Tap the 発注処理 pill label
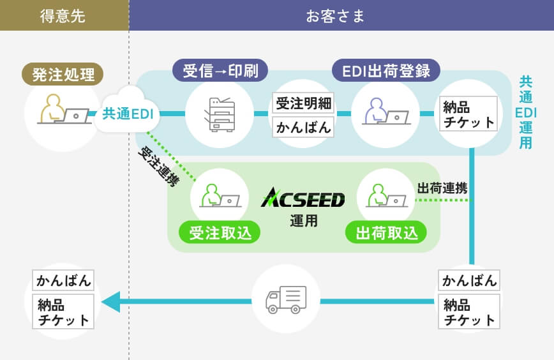(x=63, y=75)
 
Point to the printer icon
(x=219, y=114)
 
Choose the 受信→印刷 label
(x=220, y=70)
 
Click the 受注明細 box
(x=303, y=103)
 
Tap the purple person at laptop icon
(x=386, y=114)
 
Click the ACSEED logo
(x=303, y=199)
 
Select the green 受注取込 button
(x=220, y=233)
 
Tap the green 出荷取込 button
(x=386, y=233)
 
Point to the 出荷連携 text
(x=442, y=188)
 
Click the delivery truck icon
(x=285, y=299)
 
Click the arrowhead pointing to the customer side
(x=110, y=301)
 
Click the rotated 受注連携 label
(x=159, y=167)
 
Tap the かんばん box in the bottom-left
(x=63, y=280)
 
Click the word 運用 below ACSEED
(x=303, y=221)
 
